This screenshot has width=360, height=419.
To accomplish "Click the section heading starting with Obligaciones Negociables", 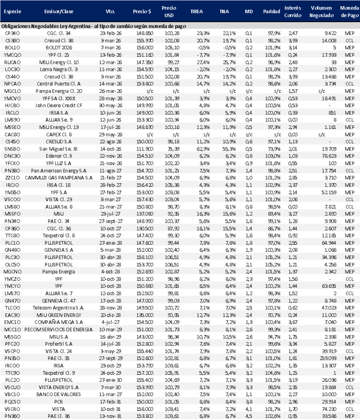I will [94, 26].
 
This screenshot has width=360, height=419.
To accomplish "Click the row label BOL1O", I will [10, 47].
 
